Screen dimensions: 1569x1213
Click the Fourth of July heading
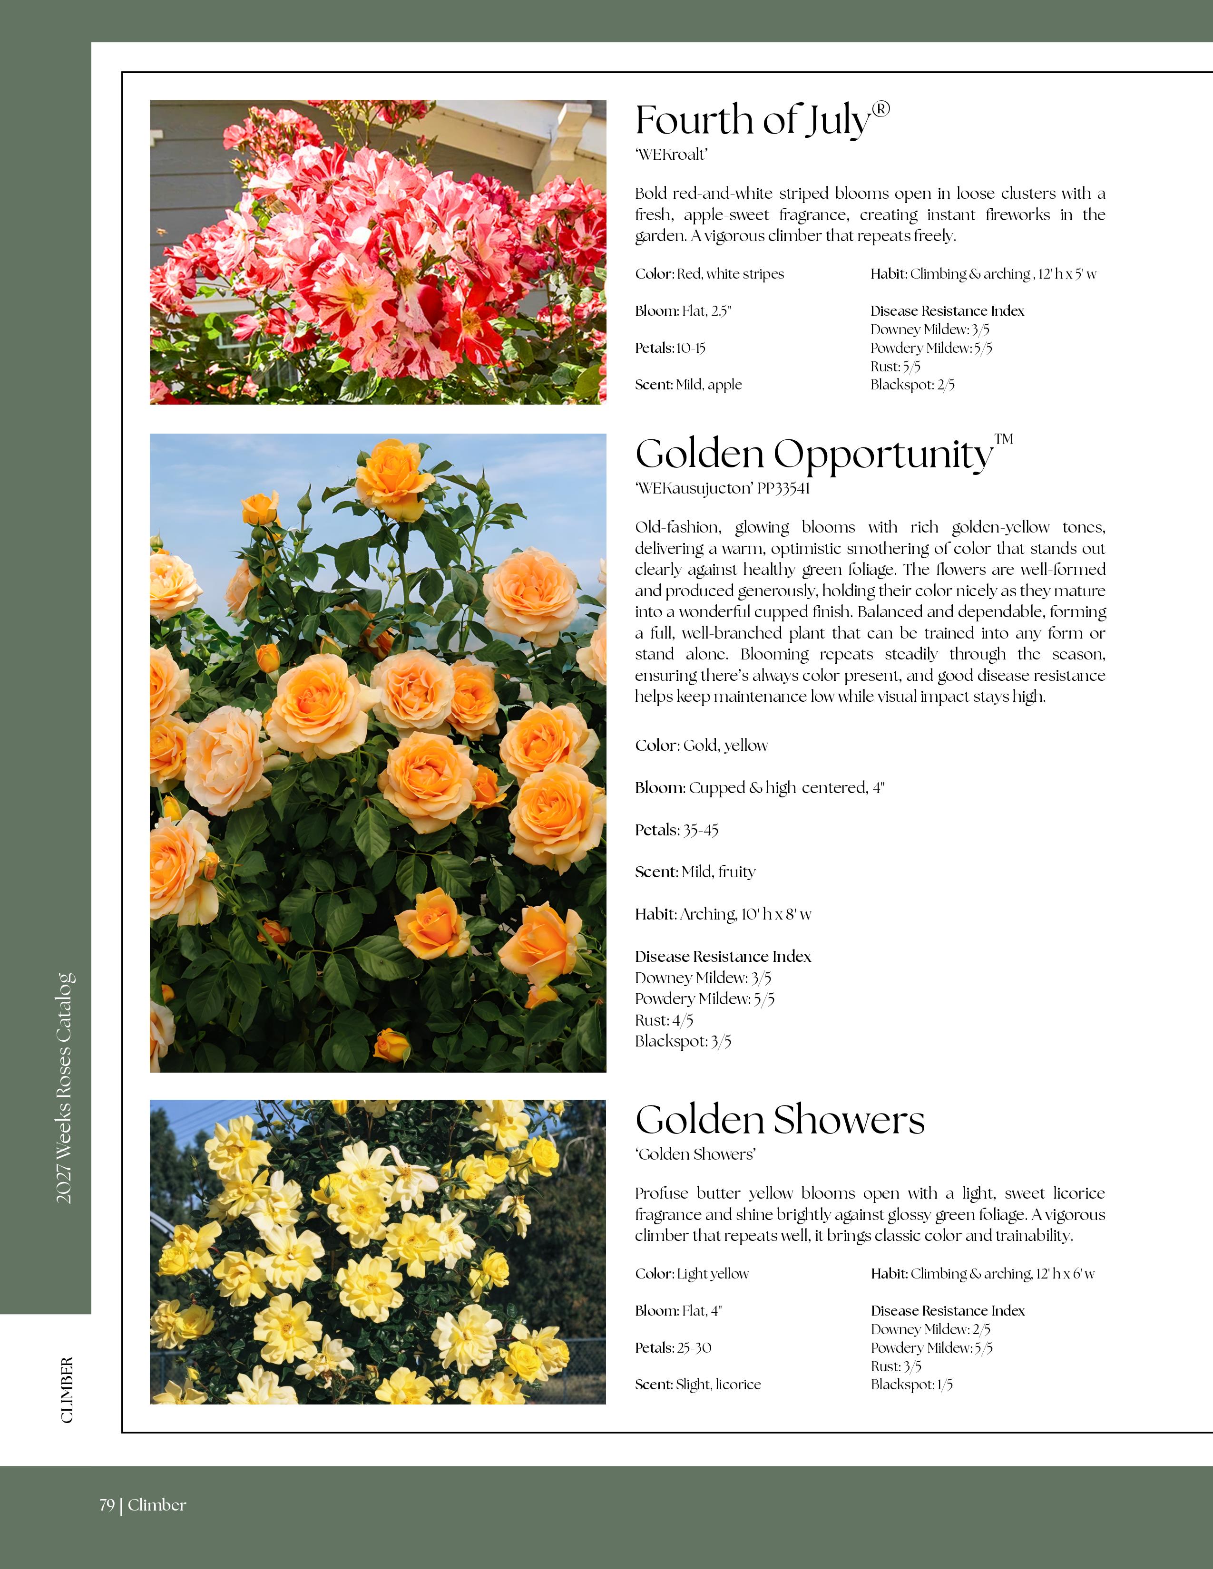753,121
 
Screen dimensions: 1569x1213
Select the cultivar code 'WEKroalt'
671,155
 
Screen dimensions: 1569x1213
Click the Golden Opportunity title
813,455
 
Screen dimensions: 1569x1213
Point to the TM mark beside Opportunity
1003,439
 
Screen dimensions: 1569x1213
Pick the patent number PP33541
783,488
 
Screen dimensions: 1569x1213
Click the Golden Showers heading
780,1120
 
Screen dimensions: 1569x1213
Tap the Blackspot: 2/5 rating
912,385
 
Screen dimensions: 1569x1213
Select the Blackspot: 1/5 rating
911,1385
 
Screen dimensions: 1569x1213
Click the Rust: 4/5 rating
663,1020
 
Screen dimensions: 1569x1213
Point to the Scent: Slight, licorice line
697,1385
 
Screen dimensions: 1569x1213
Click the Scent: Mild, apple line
688,385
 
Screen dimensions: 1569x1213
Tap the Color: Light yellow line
691,1274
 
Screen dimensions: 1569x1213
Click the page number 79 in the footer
107,1505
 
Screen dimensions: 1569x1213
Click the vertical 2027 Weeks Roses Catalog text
65,1088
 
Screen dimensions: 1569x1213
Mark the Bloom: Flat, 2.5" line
683,311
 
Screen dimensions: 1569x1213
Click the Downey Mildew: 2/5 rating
930,1330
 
